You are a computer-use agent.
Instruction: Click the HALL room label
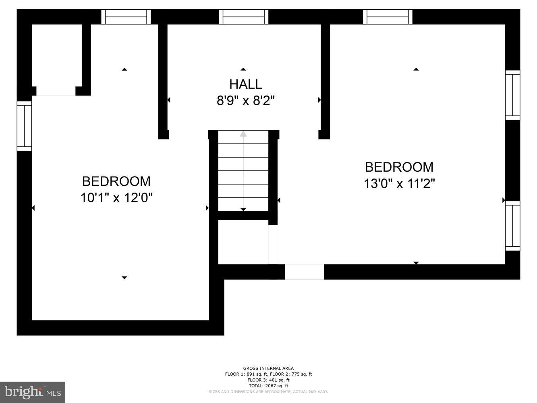pos(245,84)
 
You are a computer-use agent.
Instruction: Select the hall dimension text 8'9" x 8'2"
pos(245,100)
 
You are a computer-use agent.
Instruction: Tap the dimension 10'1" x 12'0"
pos(116,198)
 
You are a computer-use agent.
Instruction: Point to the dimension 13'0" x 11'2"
pos(399,184)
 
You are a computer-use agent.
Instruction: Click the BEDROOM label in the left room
pos(116,181)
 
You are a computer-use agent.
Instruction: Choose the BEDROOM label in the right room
pos(399,167)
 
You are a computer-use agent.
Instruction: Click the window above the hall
pos(243,17)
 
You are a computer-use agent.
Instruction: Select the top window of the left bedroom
pos(126,17)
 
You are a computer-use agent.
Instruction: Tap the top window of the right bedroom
pos(388,17)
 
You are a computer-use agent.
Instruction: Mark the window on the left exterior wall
pos(24,126)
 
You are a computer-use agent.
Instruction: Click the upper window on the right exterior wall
pos(512,95)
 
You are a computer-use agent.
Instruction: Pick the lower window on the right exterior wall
pos(512,226)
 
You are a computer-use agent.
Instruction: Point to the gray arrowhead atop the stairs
pos(243,134)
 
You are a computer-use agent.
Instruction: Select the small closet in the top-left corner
pos(56,56)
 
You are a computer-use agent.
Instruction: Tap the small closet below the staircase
pos(243,242)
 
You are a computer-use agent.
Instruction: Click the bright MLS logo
pos(33,392)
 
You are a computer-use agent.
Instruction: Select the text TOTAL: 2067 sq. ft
pos(268,386)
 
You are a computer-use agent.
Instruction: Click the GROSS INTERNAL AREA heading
pos(268,368)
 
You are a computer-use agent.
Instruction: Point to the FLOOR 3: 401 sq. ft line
pos(268,380)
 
